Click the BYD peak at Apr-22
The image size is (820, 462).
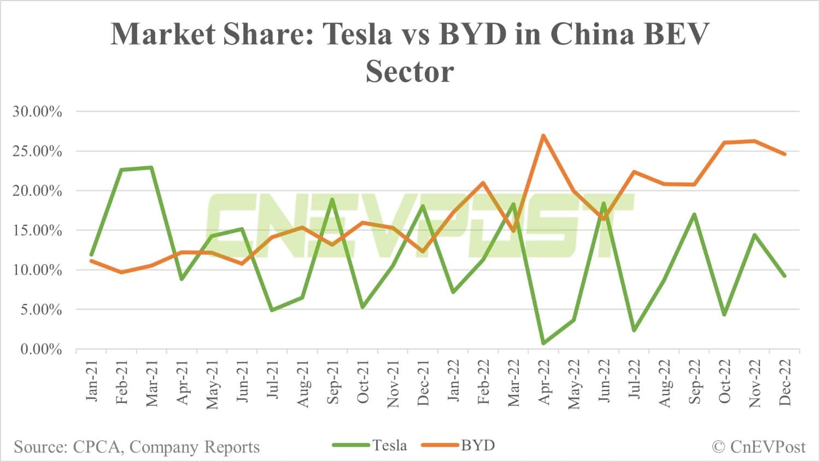pyautogui.click(x=543, y=136)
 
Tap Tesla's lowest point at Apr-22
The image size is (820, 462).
pyautogui.click(x=543, y=343)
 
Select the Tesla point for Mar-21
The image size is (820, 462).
pyautogui.click(x=151, y=167)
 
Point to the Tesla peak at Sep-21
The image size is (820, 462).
pyautogui.click(x=332, y=200)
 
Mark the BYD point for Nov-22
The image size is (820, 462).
pyautogui.click(x=754, y=141)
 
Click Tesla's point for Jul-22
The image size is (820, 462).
pyautogui.click(x=634, y=330)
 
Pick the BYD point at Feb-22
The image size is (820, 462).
pyautogui.click(x=483, y=183)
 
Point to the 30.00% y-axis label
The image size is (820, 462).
pyautogui.click(x=37, y=112)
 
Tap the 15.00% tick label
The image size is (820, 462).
pyautogui.click(x=37, y=230)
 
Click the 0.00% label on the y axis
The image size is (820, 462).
pyautogui.click(x=41, y=349)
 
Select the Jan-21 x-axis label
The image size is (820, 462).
pyautogui.click(x=91, y=381)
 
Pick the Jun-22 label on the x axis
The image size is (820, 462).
pyautogui.click(x=604, y=382)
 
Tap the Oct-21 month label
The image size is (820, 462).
pyautogui.click(x=362, y=382)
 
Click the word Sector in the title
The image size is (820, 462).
pyautogui.click(x=409, y=72)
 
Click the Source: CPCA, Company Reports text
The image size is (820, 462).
pyautogui.click(x=137, y=447)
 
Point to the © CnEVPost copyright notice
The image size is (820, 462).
pyautogui.click(x=759, y=447)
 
